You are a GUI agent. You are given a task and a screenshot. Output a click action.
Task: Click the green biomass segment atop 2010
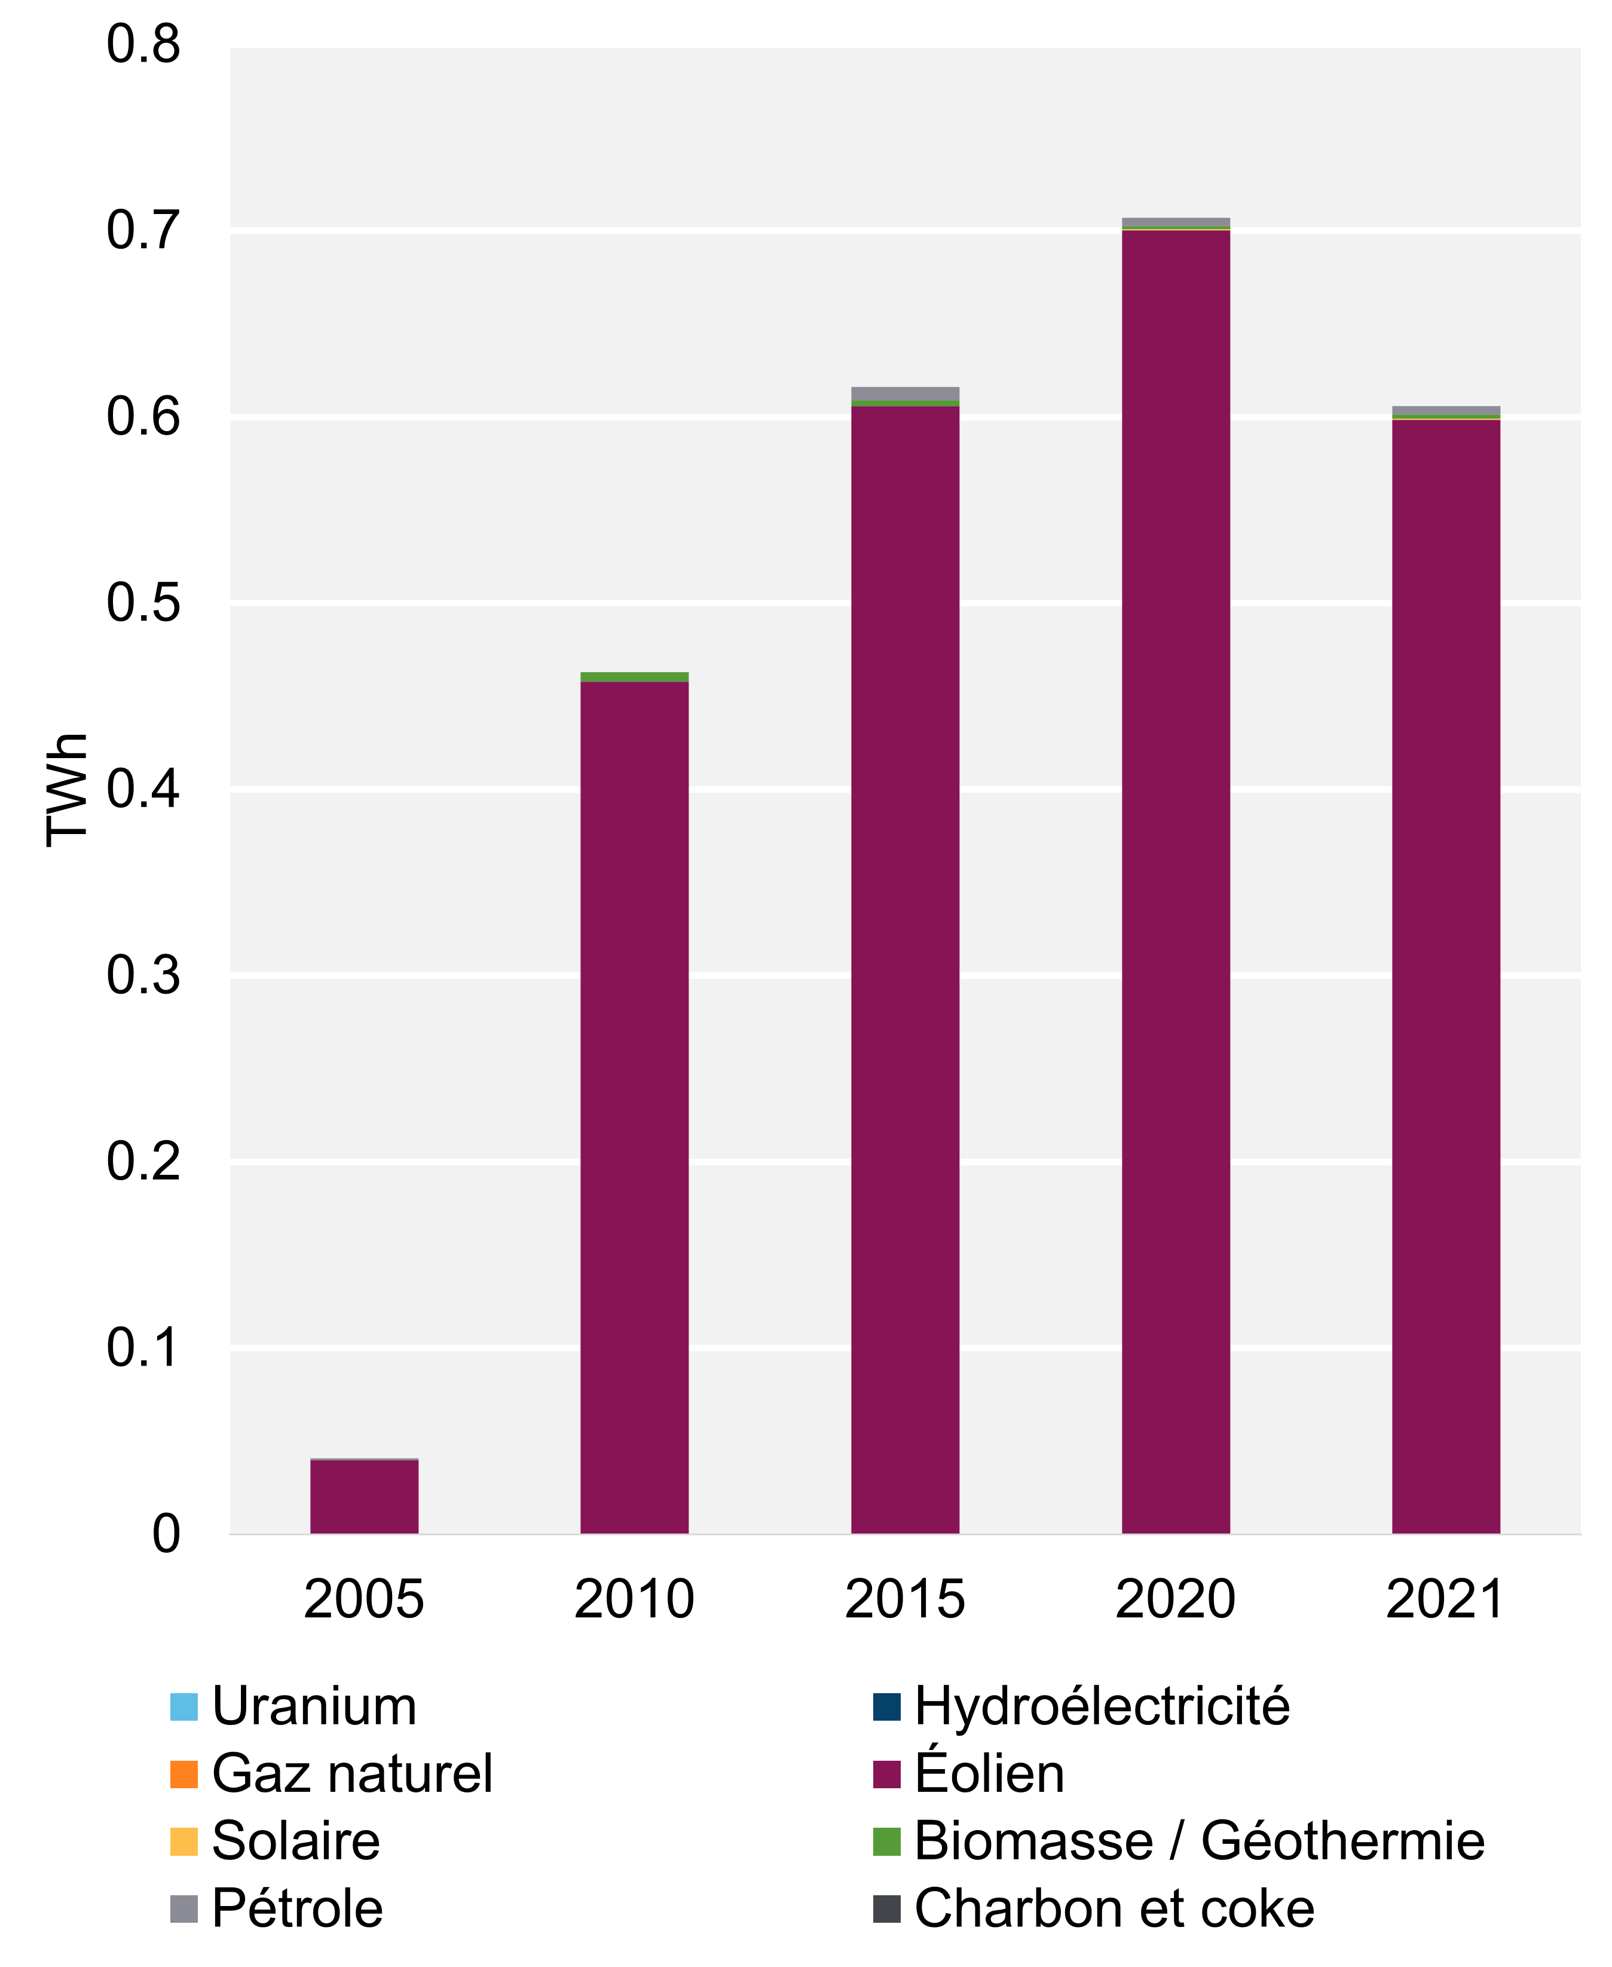(x=634, y=677)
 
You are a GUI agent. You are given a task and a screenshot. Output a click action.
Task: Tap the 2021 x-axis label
(x=1444, y=1599)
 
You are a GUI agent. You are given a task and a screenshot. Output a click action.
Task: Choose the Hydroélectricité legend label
(x=1102, y=1707)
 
